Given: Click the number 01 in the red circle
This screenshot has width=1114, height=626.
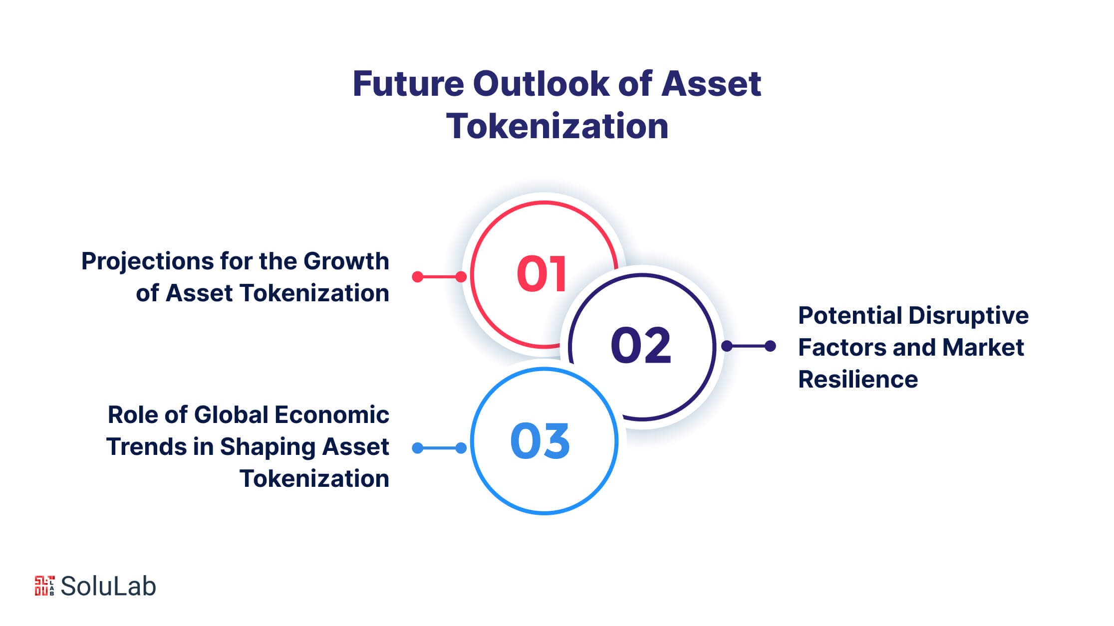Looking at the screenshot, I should pos(542,274).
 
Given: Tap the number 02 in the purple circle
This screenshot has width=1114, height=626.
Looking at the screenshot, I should pos(641,345).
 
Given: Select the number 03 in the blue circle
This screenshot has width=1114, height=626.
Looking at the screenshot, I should pos(540,441).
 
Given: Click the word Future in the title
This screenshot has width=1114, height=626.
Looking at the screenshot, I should pos(408,84).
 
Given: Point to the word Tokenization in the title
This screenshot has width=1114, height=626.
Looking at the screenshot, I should pos(557,126).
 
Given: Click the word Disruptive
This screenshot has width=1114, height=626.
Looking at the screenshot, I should pos(968,316).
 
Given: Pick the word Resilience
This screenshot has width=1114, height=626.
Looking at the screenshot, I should pos(858,380).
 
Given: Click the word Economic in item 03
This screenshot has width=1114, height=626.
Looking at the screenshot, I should pos(332,415).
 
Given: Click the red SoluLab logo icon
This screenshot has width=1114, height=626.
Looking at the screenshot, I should pos(44,586).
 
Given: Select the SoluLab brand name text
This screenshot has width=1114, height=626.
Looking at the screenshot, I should pos(108,586).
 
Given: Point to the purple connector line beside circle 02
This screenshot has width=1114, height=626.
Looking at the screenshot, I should pos(749,346).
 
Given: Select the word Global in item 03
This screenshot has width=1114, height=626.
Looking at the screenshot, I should pos(231,415).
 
